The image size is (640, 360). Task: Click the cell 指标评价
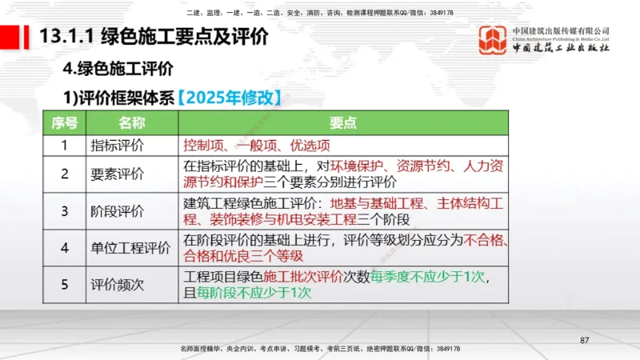[x=118, y=146]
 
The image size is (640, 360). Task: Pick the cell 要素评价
[x=118, y=174]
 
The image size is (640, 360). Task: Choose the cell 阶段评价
[x=118, y=211]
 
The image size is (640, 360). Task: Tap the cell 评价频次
[x=118, y=285]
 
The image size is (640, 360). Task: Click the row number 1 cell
[x=65, y=146]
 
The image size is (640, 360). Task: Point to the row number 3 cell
[x=65, y=211]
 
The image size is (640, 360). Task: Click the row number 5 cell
[x=65, y=285]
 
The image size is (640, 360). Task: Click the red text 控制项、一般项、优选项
[x=256, y=146]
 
